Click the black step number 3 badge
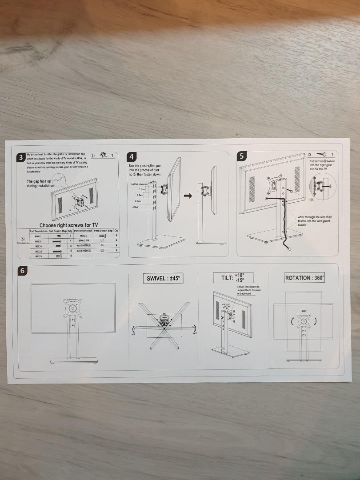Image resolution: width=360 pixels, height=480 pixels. [21, 158]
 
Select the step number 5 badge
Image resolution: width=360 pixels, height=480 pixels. [241, 156]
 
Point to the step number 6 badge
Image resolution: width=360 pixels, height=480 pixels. [23, 270]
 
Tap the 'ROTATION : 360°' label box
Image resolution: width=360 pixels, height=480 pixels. [305, 278]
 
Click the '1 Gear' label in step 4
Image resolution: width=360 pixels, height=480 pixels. [141, 189]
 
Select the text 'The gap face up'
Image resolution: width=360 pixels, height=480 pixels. [40, 181]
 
